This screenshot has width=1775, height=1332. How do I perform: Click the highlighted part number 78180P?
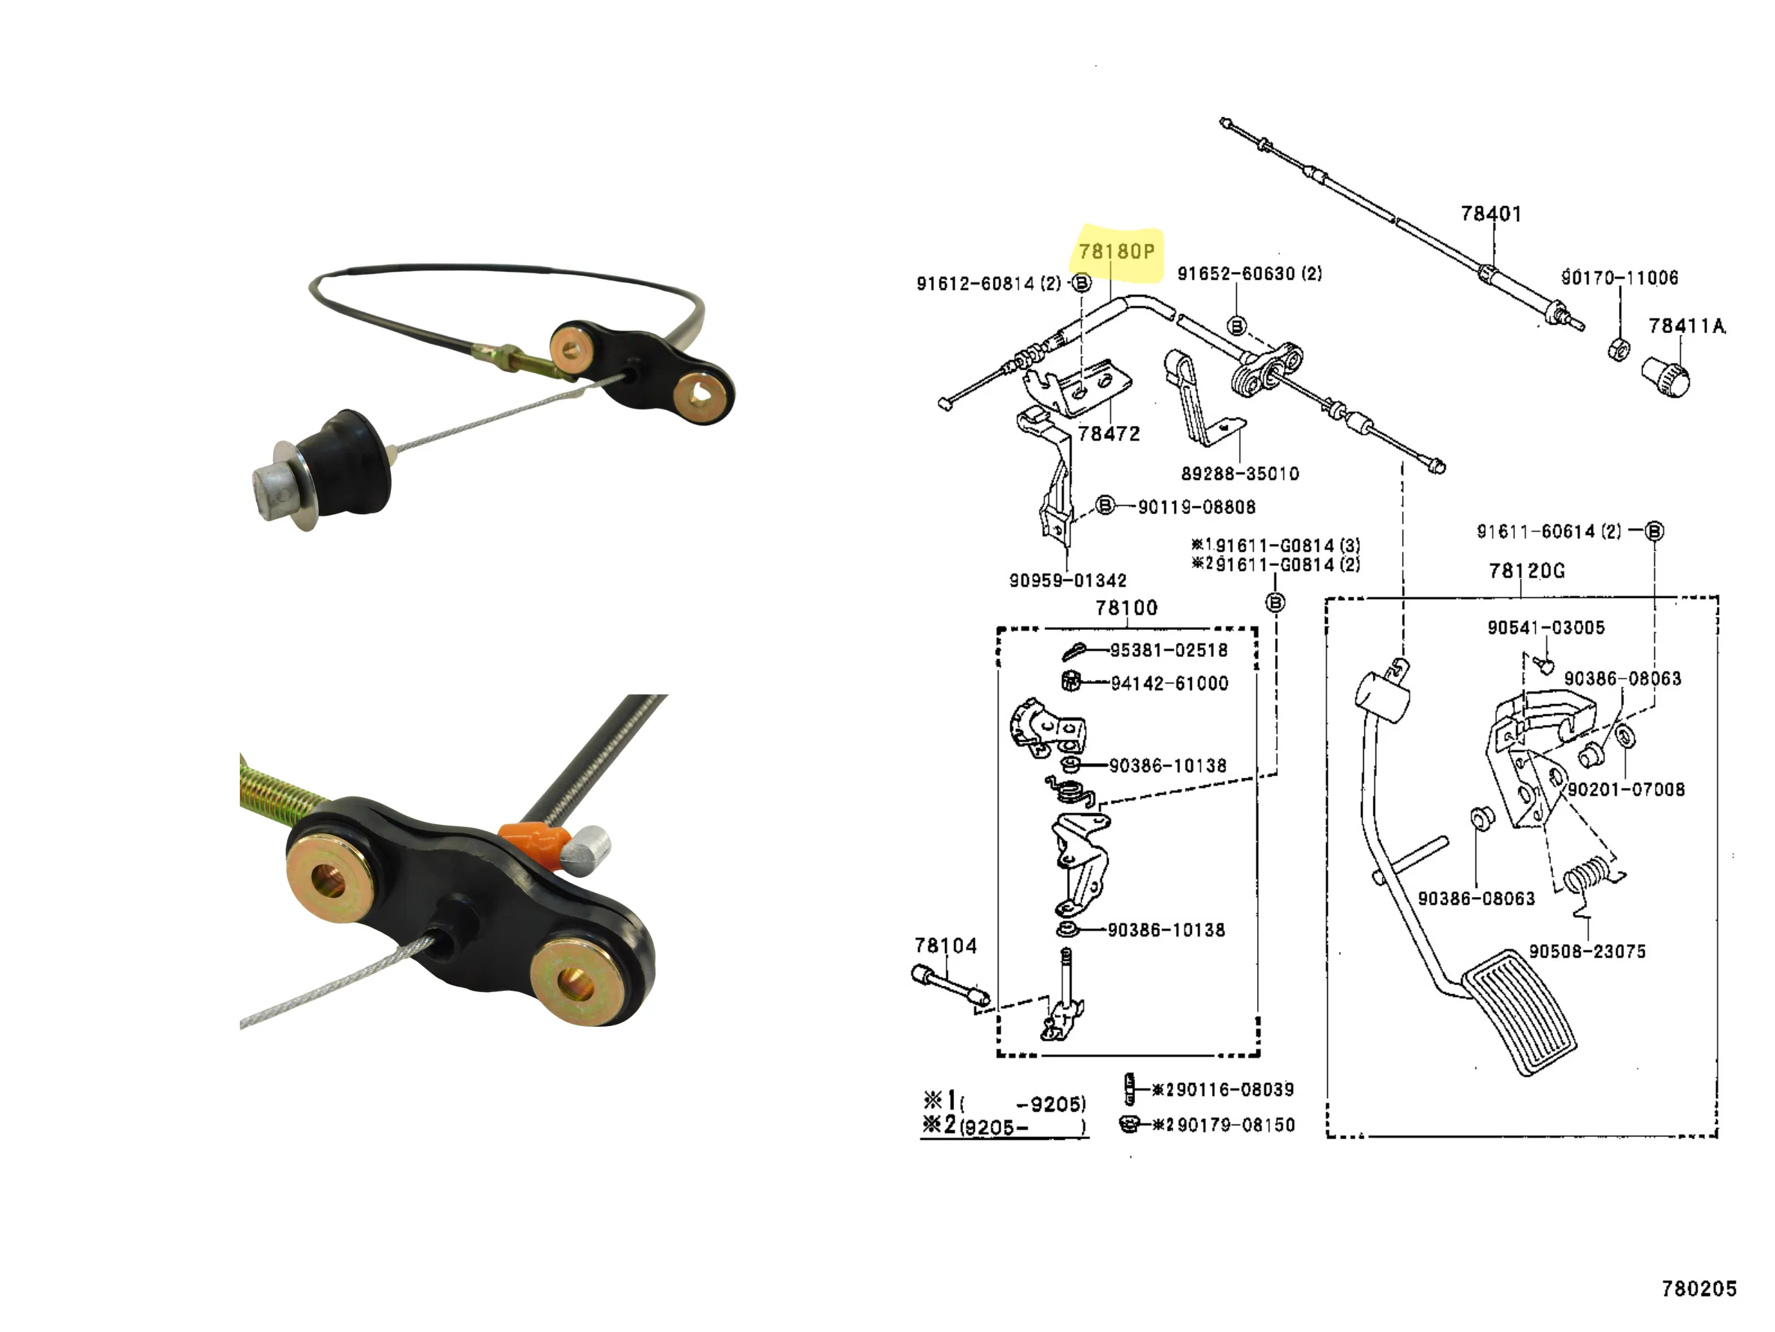click(1116, 252)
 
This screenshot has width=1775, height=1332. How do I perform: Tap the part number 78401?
click(1490, 214)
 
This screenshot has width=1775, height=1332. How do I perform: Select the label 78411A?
click(1686, 326)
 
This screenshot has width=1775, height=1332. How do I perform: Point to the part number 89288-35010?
click(1239, 474)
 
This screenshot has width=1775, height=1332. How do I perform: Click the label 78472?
click(1108, 434)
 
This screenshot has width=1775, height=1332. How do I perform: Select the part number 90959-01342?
click(1067, 581)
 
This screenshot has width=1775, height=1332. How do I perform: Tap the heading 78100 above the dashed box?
click(1126, 608)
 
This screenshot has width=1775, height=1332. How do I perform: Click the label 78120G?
click(1526, 571)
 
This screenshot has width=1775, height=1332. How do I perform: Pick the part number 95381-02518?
click(1168, 650)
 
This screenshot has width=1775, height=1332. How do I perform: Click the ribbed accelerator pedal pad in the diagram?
click(1519, 1012)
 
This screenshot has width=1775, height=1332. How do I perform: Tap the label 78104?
click(945, 946)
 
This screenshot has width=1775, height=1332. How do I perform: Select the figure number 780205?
click(1698, 1289)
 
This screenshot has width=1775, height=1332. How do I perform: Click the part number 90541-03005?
click(1545, 628)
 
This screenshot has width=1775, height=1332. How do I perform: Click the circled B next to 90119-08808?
click(1105, 505)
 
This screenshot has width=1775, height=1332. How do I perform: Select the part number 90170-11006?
click(1618, 277)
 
